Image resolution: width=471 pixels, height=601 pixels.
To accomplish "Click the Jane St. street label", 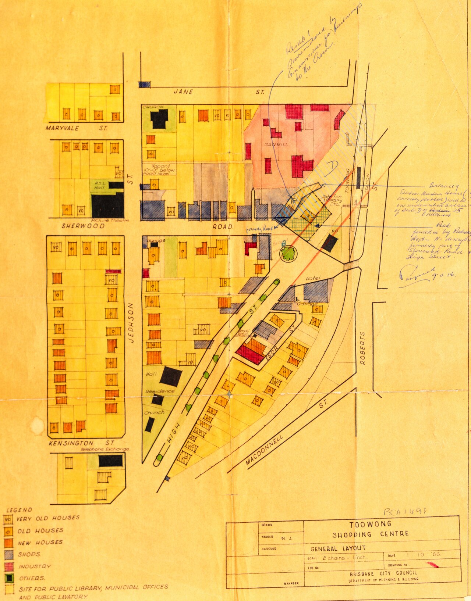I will (x=219, y=92).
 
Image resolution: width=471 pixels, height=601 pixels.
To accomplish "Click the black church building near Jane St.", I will (x=159, y=119).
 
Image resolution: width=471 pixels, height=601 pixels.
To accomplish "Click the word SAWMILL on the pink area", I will (x=276, y=144).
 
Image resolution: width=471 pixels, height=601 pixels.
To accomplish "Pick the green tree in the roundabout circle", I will (x=287, y=253).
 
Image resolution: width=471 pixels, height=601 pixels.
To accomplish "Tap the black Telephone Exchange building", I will (x=110, y=461).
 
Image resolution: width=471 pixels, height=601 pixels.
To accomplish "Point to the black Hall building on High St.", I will (x=170, y=376).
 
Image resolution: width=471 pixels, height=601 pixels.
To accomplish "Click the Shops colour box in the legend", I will (x=9, y=555).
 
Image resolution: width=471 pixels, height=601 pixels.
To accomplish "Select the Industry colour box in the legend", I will (x=9, y=566).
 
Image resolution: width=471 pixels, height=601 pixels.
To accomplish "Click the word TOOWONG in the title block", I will (x=370, y=524).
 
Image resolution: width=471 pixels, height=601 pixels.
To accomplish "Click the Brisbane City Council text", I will (x=383, y=573).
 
